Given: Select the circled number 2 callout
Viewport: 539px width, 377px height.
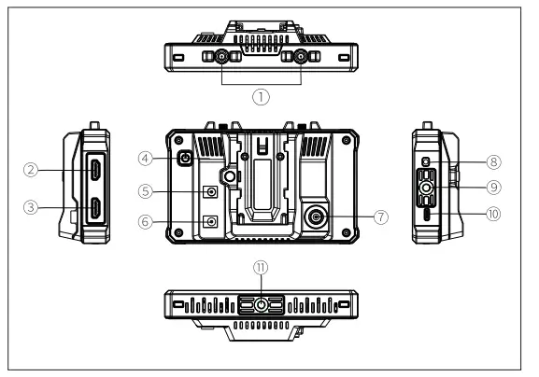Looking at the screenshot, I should (32, 169).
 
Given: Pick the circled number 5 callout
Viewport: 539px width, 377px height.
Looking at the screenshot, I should (146, 191).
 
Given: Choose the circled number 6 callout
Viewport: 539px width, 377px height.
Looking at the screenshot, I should (146, 222).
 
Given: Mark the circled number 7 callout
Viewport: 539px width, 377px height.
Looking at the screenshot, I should (380, 216).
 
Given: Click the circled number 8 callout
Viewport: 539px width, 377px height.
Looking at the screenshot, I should (493, 161).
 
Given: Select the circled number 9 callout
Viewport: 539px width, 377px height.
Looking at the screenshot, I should (493, 187).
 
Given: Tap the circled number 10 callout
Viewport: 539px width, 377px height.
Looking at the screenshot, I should (493, 213).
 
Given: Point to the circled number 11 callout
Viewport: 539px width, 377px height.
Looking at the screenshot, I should (262, 267).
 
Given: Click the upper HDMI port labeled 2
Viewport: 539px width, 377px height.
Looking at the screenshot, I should (96, 170).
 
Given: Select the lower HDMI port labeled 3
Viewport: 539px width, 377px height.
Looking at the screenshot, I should (96, 209).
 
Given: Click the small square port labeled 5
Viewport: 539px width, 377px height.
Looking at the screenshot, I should (212, 192).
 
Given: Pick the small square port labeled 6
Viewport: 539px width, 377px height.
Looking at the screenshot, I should (212, 222).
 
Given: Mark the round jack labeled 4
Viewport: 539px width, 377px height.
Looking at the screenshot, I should (186, 159).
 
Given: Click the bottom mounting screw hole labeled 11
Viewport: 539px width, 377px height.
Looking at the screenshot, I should (262, 304).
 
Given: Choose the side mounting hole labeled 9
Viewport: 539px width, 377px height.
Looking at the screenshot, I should (427, 188).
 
